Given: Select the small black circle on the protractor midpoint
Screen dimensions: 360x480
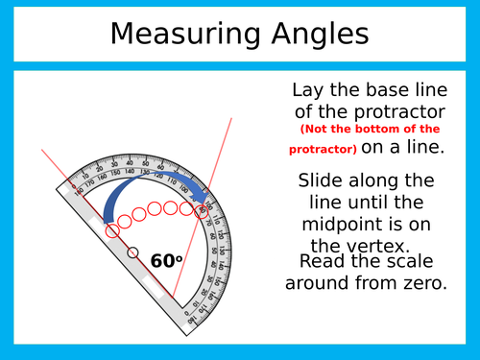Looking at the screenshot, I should (x=132, y=252).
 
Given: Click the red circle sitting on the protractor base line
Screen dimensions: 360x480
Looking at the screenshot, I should (x=112, y=230).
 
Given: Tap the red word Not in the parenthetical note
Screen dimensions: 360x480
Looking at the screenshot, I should (x=317, y=129).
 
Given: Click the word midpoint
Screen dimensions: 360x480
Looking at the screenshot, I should (x=342, y=224).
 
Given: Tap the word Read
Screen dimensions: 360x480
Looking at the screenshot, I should (x=322, y=262).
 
